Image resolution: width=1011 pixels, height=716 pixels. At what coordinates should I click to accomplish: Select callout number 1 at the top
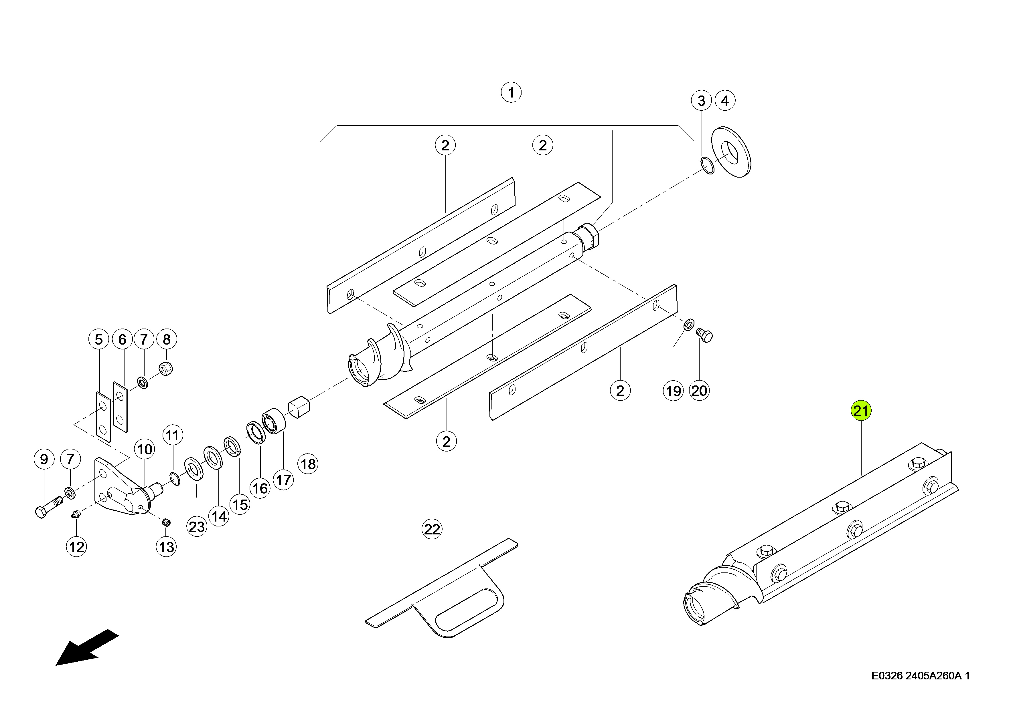coord(511,93)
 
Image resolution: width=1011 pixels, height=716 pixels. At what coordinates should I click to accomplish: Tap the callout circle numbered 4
coord(724,101)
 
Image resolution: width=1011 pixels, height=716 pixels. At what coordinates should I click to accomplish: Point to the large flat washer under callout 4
coord(732,152)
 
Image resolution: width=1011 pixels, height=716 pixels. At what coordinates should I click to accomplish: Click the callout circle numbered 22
coord(432,529)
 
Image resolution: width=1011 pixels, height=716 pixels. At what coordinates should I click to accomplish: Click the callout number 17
coord(283,480)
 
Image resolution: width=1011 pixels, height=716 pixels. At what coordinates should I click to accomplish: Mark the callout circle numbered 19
coord(673,391)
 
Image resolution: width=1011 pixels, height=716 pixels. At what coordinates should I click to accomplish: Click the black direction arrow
coord(87,647)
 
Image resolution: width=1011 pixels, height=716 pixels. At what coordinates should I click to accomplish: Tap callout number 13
coord(166,547)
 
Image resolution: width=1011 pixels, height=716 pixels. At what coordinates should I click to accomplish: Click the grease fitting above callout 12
coord(76,514)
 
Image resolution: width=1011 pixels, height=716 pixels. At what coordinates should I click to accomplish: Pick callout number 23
coord(197,526)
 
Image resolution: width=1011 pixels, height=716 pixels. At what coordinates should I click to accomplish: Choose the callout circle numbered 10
coord(145,449)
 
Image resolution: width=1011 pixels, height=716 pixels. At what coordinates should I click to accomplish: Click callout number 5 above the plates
coord(99,339)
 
